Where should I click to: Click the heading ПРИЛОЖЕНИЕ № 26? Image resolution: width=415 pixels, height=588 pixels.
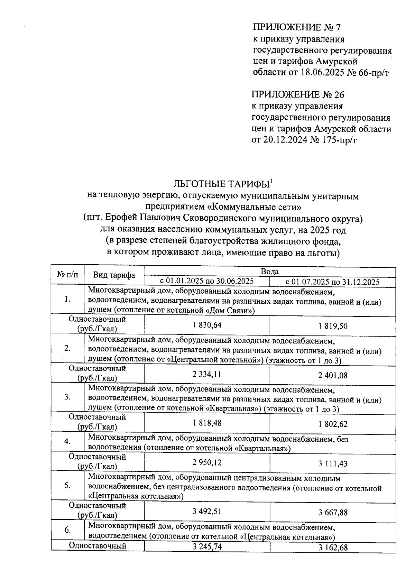(x=298, y=94)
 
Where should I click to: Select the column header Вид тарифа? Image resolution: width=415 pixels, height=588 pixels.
(x=114, y=275)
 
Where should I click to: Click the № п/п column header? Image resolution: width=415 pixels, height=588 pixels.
(x=67, y=275)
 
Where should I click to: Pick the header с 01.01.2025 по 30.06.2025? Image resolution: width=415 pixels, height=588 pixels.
(x=207, y=281)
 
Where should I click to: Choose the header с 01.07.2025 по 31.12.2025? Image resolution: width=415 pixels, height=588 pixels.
(x=332, y=282)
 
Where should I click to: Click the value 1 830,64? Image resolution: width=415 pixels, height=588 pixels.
(x=207, y=325)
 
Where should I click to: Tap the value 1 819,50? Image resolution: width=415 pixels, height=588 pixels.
(x=333, y=326)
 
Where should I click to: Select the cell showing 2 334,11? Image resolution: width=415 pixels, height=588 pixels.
(x=207, y=375)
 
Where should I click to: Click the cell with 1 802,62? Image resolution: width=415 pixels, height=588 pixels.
(x=333, y=424)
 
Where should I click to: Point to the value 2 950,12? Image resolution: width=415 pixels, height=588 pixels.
(x=207, y=463)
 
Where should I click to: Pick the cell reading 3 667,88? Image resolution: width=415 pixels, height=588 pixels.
(x=333, y=512)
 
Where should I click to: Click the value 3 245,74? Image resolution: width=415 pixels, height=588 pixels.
(x=207, y=546)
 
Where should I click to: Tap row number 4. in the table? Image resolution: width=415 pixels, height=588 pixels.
(x=68, y=441)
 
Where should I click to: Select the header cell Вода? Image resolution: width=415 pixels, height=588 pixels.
(x=270, y=272)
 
